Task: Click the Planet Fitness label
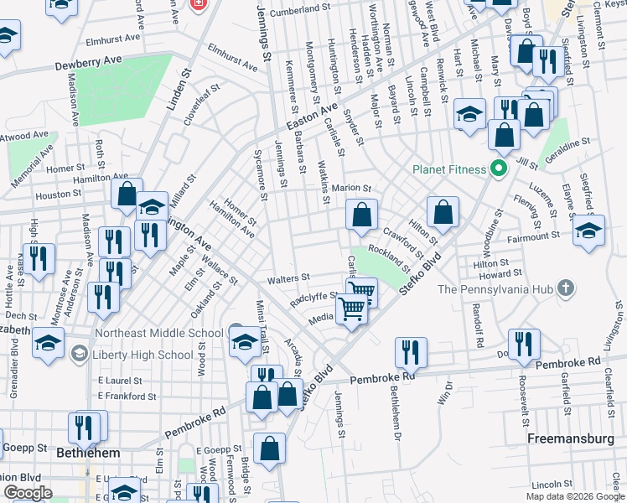click(449, 169)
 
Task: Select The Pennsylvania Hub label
click(495, 289)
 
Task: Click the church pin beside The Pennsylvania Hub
click(566, 289)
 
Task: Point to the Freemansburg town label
click(567, 438)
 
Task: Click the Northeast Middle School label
click(159, 333)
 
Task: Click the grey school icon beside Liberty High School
click(80, 354)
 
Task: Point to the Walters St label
click(288, 277)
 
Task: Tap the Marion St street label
click(351, 188)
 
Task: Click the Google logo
click(27, 493)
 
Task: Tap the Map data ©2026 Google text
click(574, 496)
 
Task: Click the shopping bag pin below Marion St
click(361, 215)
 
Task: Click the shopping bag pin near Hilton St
click(443, 211)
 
